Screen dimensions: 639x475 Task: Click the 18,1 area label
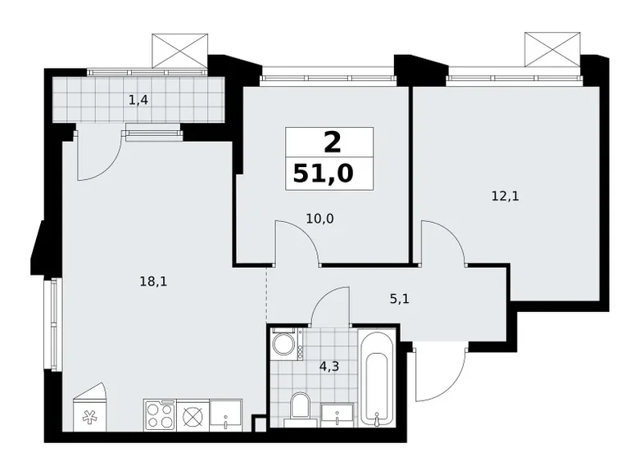154,281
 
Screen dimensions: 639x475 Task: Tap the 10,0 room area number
319,219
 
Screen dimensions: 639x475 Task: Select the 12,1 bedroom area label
505,197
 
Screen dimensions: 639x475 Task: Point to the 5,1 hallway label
400,299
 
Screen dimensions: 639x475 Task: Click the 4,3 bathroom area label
329,367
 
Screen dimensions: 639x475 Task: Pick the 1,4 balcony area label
138,99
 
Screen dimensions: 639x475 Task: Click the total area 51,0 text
323,174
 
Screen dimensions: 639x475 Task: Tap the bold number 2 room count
332,143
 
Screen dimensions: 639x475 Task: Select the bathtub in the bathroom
378,378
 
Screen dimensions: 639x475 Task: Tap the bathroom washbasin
338,415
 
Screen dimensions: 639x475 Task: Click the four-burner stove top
160,415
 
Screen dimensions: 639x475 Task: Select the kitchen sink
226,415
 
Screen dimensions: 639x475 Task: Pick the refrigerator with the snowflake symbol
89,407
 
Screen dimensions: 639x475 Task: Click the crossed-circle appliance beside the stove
193,416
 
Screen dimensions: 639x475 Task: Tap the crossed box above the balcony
179,51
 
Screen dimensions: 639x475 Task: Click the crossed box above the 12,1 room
552,49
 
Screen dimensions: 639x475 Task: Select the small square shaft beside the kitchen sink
260,424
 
